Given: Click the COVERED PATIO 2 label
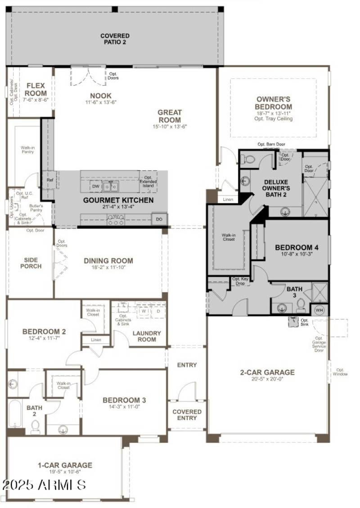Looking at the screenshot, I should pyautogui.click(x=115, y=39).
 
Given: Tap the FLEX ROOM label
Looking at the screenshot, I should pyautogui.click(x=36, y=89).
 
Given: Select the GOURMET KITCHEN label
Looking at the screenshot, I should pyautogui.click(x=118, y=200).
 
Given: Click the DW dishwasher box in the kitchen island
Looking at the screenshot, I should pyautogui.click(x=95, y=186).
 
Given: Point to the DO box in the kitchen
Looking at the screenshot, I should pyautogui.click(x=159, y=219).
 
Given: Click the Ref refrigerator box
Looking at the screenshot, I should pyautogui.click(x=50, y=180).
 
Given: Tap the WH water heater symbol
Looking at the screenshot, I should pyautogui.click(x=319, y=310).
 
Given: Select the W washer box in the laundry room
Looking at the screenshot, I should pyautogui.click(x=144, y=311).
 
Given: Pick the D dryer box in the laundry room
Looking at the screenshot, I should pyautogui.click(x=158, y=311).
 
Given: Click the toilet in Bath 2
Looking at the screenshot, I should pyautogui.click(x=35, y=426).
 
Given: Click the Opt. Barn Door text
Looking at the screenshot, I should pyautogui.click(x=271, y=145).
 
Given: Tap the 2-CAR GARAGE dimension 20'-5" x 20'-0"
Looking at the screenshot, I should pyautogui.click(x=267, y=379).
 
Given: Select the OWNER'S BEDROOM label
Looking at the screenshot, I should pyautogui.click(x=274, y=103).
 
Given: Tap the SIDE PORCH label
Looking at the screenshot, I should pyautogui.click(x=31, y=263).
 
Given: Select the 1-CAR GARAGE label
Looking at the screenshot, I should pyautogui.click(x=66, y=465).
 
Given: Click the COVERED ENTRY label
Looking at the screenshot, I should pyautogui.click(x=187, y=415).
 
